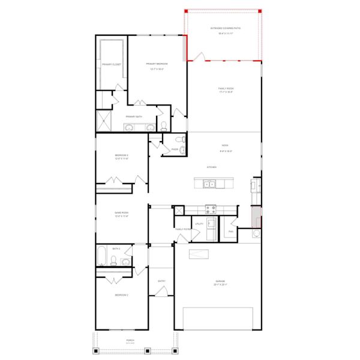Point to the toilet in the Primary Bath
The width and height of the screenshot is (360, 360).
pos(164,126)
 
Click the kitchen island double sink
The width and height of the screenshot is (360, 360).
pos(211,184)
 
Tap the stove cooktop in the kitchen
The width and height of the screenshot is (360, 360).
pos(211,209)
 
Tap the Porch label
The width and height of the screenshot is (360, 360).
pos(130,340)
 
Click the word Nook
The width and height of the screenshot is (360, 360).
pos(225,145)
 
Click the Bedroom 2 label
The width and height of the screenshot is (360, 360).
pos(122,295)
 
